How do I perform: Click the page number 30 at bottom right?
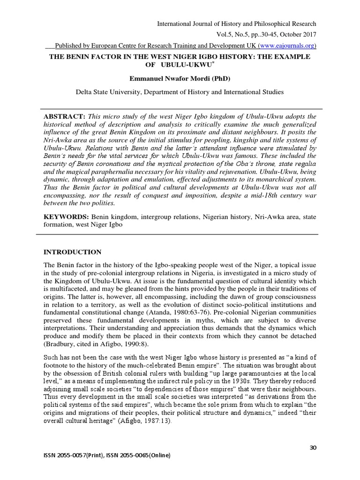[x=314, y=448]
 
